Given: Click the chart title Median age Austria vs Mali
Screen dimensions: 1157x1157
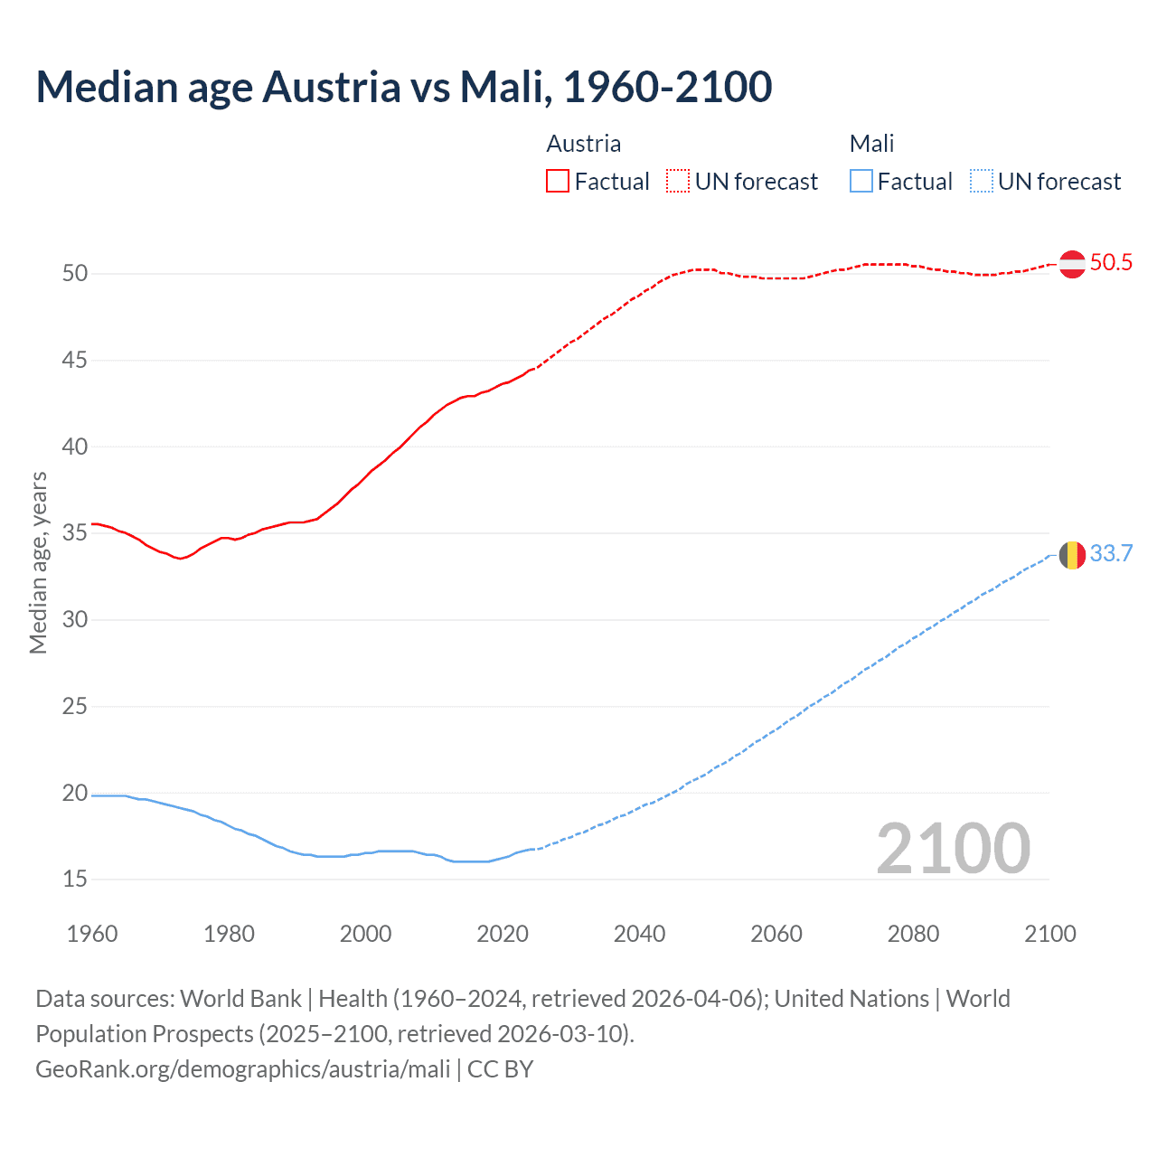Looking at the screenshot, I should pos(403,87).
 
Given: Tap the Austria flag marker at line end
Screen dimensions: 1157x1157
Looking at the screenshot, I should pos(1072,264).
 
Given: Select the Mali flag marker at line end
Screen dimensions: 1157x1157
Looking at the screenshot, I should pos(1072,555).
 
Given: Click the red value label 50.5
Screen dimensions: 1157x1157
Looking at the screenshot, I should pos(1111,263).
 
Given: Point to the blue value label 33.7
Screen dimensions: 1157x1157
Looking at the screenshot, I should pos(1111,554).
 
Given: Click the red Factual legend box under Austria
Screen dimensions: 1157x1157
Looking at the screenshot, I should pos(558,182).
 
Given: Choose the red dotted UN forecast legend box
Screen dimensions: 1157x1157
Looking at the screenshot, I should pos(678,182).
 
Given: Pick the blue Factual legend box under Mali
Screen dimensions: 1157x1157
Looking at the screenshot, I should pos(861,182).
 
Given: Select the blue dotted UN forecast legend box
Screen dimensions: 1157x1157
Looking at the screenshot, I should pos(981,182).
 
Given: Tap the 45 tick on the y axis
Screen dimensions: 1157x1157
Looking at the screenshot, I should pos(75,361).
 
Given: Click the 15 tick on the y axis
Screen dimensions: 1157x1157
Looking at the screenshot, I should pos(75,880).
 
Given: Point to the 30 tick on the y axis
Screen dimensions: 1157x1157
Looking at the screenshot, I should pos(75,620).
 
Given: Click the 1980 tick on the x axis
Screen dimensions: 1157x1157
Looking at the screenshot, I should pos(229,934).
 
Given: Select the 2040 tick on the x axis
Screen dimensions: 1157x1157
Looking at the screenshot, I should pos(639,934).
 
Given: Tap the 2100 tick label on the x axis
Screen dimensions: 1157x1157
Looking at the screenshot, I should pos(1049,934).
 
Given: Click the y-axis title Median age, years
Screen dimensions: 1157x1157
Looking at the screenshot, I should pos(38,562).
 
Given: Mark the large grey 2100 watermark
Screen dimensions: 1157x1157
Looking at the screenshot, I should pos(953,848).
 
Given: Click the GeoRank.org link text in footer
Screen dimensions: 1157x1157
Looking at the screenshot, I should pos(242,1069).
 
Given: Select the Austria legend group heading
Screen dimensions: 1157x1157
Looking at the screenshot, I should pos(584,144).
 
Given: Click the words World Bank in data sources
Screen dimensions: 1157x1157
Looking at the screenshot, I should pos(240,999).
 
